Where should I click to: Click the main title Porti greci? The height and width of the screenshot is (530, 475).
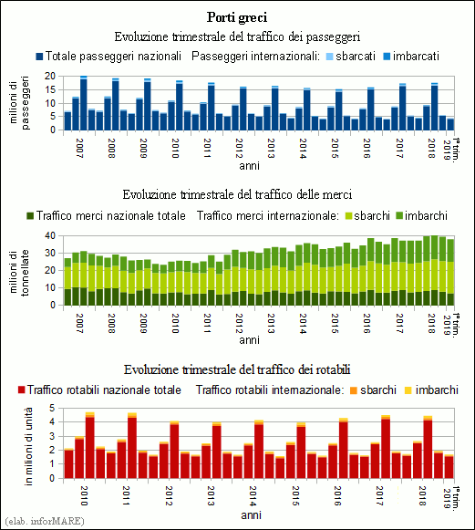pos(237,17)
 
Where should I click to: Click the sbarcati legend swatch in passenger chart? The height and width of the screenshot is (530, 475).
pos(330,57)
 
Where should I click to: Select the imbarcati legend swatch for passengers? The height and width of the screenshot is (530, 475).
pos(387,57)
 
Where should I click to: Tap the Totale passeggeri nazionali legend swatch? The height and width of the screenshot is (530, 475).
pos(39,57)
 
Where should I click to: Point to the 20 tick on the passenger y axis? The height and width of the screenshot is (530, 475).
pos(50,76)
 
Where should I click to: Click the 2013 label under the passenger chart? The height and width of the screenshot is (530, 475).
pos(271,148)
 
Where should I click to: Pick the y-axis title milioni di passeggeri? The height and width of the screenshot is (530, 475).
pos(19,103)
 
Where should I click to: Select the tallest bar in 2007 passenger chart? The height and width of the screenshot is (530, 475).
pos(84,103)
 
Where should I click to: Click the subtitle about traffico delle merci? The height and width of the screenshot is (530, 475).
pos(237,194)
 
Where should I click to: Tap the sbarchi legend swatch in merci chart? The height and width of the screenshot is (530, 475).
pos(348,216)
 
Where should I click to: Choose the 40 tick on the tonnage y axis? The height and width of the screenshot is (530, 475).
pos(50,235)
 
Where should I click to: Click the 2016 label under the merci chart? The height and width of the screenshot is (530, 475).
pos(367,324)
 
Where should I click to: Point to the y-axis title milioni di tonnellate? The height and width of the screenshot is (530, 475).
pos(19,273)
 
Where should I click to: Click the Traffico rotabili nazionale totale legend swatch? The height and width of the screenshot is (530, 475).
pos(22,390)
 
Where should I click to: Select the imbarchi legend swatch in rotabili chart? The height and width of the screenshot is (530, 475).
pos(408,390)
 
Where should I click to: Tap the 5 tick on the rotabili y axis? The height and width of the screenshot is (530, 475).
pos(52,408)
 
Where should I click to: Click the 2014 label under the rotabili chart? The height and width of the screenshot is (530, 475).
pos(253,496)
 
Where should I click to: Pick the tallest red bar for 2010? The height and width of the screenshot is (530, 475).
pos(90,445)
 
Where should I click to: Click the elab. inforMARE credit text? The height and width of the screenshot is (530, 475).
pos(45,521)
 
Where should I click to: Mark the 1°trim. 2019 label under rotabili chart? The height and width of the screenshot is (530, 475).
pos(451,497)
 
